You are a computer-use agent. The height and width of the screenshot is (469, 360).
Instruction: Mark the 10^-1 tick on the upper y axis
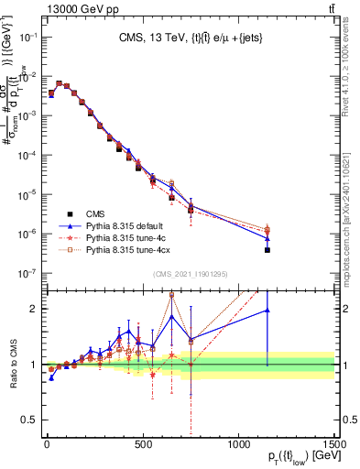27,37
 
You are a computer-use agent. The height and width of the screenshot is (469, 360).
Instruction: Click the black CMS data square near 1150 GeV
267,250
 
